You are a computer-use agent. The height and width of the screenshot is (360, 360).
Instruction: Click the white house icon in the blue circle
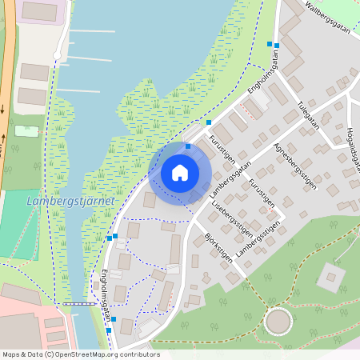click(x=180, y=172)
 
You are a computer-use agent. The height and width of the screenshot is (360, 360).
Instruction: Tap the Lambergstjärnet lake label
click(x=70, y=201)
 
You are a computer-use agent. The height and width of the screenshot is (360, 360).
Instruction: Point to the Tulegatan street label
click(x=307, y=114)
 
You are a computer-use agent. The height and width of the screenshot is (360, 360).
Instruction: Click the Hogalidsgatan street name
click(x=354, y=147)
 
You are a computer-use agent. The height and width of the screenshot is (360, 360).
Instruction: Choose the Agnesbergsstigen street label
click(x=294, y=166)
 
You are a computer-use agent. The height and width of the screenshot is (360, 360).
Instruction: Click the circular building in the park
click(x=278, y=322)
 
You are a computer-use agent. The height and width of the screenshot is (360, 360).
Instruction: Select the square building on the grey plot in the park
click(x=329, y=278)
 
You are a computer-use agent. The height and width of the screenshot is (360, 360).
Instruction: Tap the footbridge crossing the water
click(x=78, y=305)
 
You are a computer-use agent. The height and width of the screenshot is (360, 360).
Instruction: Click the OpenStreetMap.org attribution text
click(x=112, y=354)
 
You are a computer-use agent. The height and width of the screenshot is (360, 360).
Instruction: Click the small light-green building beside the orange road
click(x=26, y=130)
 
